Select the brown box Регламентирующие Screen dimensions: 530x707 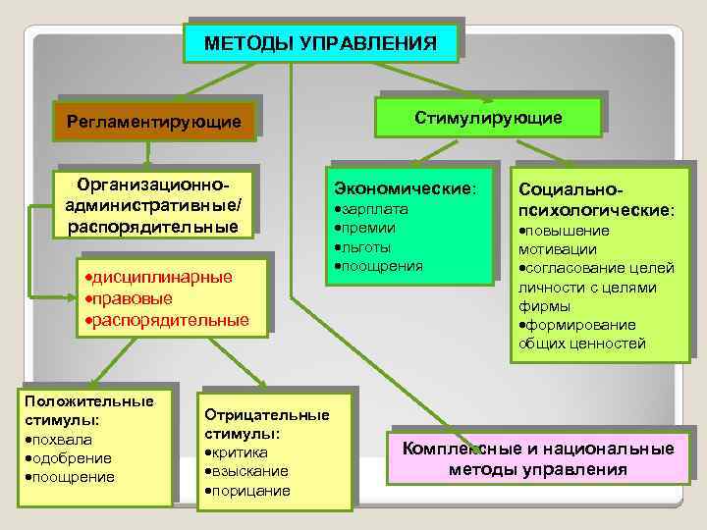click(x=153, y=122)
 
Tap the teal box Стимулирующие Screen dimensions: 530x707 click(x=488, y=118)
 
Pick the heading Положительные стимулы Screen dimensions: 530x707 click(x=89, y=410)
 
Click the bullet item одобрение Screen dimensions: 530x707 click(x=70, y=458)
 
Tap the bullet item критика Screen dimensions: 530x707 click(x=239, y=451)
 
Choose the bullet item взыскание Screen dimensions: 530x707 click(x=249, y=471)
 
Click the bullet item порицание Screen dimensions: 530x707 click(x=250, y=491)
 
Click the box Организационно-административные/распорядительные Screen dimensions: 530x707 click(x=153, y=206)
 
